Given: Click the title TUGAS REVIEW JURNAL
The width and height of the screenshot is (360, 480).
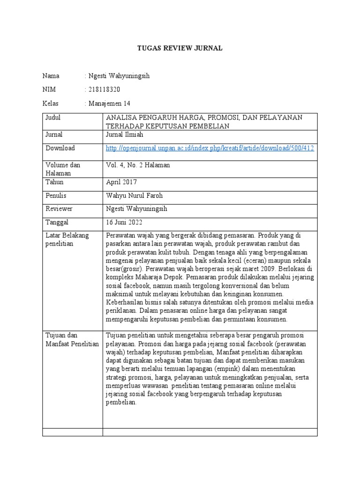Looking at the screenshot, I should tap(179, 48).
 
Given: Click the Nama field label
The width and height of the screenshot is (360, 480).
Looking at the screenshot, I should tap(51, 76).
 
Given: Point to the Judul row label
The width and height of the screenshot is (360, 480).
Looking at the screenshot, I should tap(53, 118).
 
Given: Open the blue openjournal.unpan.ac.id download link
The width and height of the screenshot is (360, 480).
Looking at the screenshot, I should tap(210, 148).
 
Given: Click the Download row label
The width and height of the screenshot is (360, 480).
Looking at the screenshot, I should tap(60, 148).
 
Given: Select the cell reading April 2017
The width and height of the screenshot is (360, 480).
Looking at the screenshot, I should tap(121, 182).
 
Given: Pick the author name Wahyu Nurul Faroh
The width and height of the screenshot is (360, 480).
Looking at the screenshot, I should tap(135, 195).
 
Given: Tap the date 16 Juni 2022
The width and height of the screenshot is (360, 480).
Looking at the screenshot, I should tap(124, 222).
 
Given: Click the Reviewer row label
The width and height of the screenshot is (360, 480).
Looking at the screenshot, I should tap(59, 209).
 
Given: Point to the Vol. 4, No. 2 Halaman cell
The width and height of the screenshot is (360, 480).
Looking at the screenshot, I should tap(138, 165).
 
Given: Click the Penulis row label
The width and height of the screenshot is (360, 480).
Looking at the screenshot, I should tap(56, 195).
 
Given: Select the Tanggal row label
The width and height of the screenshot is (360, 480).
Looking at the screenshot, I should tap(57, 222).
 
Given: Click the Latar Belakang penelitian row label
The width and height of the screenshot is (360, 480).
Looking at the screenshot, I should tap(67, 240).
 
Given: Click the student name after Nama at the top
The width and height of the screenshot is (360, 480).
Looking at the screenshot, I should tap(119, 76).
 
